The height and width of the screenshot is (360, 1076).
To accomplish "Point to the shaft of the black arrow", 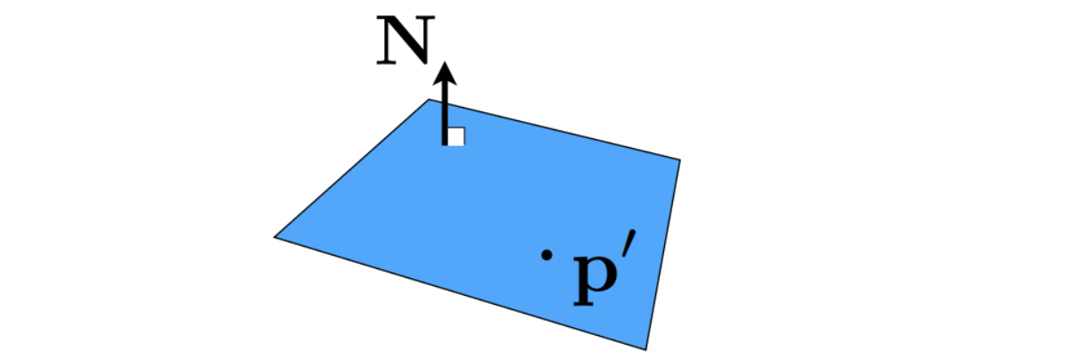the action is point(445,111).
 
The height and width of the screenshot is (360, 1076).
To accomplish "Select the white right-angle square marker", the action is point(456,136).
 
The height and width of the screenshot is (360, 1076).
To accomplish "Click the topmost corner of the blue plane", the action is point(431,99).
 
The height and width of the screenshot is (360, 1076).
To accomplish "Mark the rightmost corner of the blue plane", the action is point(680,160).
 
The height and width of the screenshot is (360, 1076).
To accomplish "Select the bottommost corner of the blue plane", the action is point(645,349).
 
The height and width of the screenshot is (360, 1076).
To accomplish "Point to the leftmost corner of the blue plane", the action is point(275,237).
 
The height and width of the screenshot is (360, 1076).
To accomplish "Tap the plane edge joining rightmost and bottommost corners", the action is point(663,255).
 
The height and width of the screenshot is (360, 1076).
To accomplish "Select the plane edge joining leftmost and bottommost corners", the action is point(459,293).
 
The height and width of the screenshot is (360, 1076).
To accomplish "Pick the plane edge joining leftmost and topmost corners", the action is point(352,168).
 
